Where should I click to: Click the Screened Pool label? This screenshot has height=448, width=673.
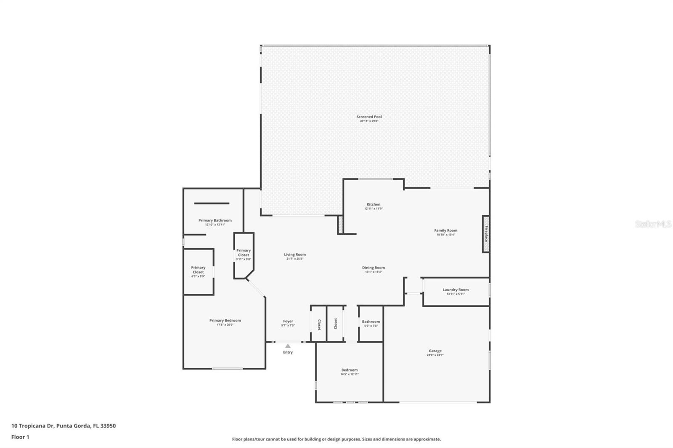369,117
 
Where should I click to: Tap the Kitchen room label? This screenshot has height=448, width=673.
373,205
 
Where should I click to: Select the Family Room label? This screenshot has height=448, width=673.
445,230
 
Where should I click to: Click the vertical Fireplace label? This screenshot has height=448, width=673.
486,234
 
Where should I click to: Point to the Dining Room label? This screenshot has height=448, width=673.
373,268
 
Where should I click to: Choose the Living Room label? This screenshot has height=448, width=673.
294,255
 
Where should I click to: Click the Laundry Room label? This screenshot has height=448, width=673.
455,290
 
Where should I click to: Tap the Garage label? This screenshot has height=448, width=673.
435,351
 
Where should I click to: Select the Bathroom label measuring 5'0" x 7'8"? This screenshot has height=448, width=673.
371,322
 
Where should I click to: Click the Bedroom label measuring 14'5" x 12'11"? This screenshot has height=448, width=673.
349,370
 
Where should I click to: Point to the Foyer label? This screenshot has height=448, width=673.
288,322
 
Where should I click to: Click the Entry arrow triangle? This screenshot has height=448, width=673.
288,346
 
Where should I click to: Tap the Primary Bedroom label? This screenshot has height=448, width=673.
225,321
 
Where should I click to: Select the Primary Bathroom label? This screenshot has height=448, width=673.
215,221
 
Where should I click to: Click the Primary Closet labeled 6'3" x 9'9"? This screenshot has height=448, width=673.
198,270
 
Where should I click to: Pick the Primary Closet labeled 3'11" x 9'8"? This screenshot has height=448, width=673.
243,253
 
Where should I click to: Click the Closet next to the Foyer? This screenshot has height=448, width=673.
319,324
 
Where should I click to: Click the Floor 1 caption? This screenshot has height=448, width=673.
20,437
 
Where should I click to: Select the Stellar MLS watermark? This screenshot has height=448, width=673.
653,224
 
